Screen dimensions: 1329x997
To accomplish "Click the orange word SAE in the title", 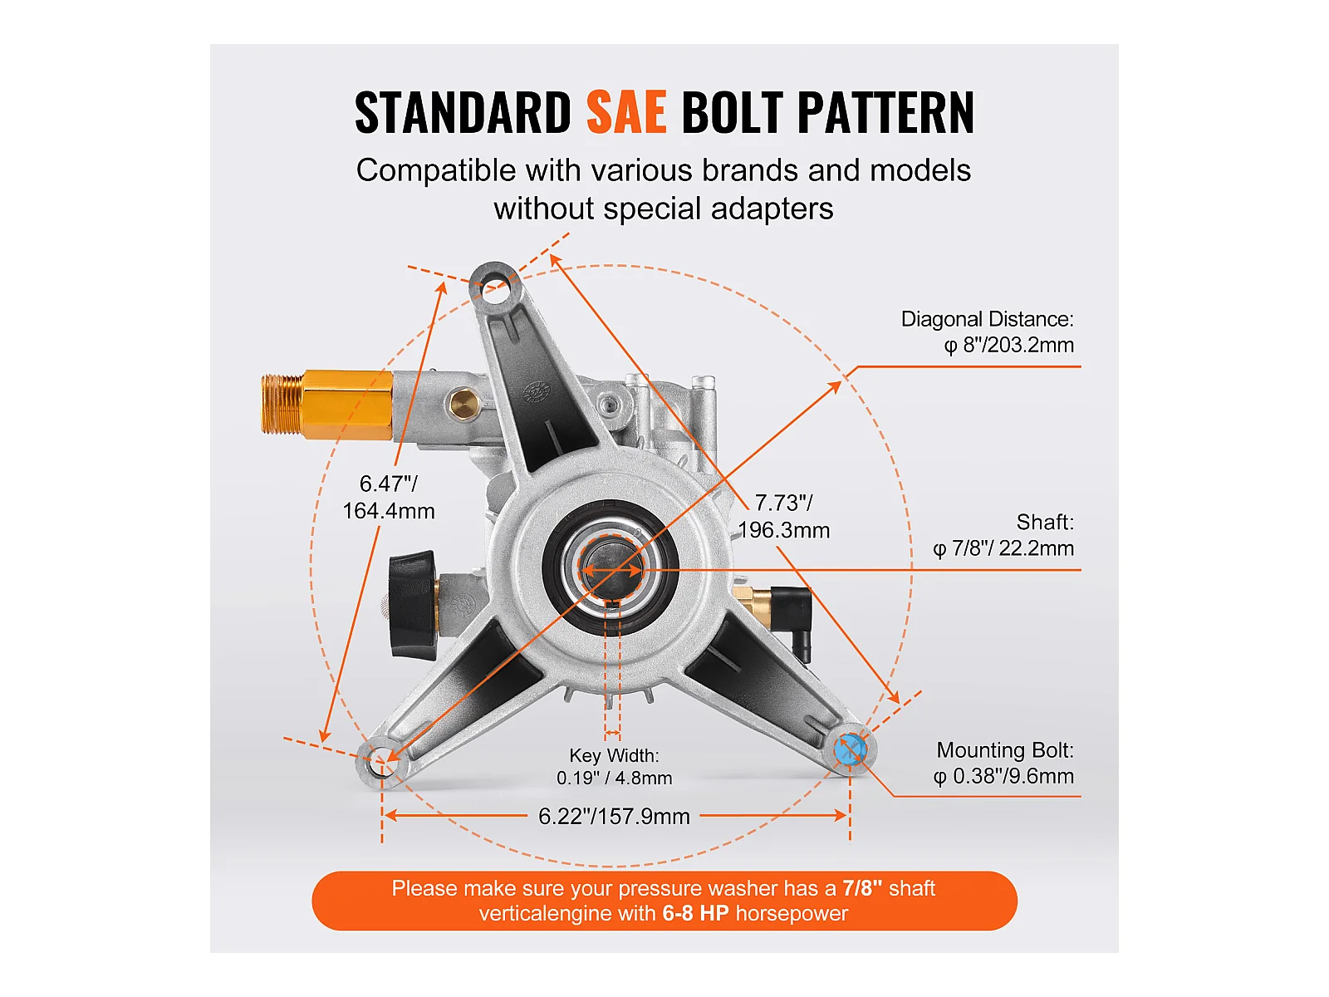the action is point(626,113).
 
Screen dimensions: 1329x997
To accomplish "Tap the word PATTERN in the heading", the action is point(885,113).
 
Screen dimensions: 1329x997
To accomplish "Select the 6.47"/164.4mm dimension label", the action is point(389,497).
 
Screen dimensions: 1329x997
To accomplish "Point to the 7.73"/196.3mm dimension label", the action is point(783,516).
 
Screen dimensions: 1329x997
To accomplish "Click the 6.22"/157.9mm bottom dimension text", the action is point(614,816).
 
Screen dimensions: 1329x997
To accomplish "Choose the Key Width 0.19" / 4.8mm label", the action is point(614,766).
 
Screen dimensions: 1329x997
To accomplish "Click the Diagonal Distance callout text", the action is point(988,332).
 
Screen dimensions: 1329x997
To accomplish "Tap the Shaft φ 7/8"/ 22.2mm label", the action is point(1003,535).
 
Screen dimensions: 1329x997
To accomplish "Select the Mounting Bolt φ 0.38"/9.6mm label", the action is point(1003,763).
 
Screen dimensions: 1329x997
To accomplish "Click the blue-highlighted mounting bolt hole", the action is point(850,750).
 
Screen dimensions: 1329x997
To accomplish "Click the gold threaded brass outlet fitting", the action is point(326,405).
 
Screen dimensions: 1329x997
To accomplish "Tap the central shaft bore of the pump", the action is point(611,570).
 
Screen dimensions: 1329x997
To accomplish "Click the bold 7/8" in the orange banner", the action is point(861,888).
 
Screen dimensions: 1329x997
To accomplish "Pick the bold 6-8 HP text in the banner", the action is point(695,914).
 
